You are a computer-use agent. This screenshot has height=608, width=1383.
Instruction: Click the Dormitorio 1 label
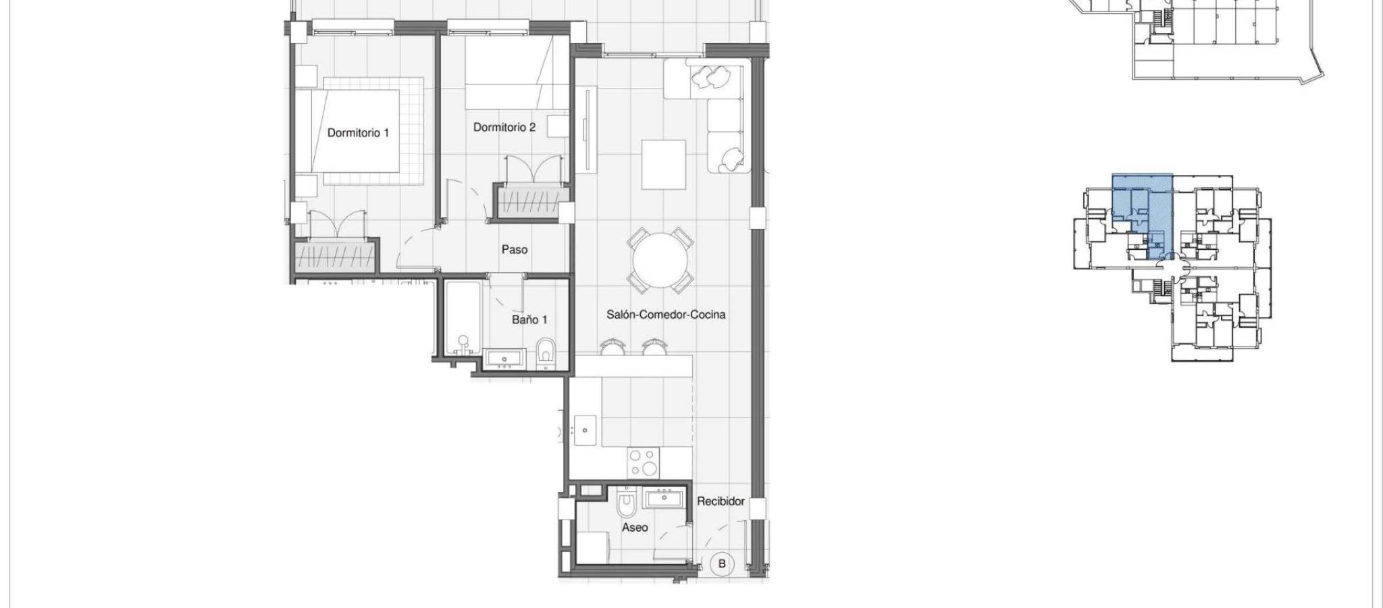[x=358, y=133]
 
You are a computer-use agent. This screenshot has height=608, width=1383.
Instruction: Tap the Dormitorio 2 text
[x=504, y=127]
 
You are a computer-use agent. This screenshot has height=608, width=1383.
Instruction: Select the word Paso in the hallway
[x=515, y=249]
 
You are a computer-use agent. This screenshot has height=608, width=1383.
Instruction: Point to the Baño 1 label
[x=529, y=320]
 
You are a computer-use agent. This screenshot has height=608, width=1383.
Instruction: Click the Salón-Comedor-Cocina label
[x=666, y=314]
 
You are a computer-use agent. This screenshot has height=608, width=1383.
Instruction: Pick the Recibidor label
[x=721, y=501]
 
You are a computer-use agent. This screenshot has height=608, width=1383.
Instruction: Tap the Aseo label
[x=635, y=527]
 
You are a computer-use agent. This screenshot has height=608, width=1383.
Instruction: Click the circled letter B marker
[x=722, y=563]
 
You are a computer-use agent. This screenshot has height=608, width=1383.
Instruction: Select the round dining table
[x=661, y=260]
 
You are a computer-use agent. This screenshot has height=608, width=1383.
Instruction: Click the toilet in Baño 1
[x=545, y=354]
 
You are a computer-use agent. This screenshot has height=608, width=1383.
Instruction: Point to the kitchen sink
[x=585, y=430]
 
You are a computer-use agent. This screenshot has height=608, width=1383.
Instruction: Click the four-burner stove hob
[x=644, y=463]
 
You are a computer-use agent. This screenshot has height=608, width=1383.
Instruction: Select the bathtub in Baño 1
[x=463, y=319]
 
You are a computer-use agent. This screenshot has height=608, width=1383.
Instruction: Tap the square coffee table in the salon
[x=664, y=165]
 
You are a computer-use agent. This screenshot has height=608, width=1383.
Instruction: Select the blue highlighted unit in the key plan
[x=1142, y=216]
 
